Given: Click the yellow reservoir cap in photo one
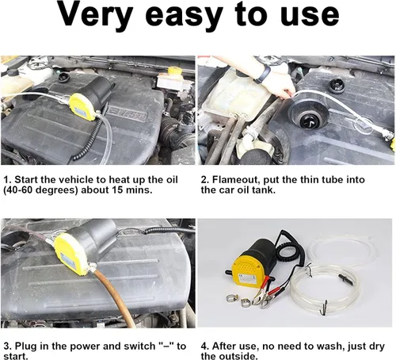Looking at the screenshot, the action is pyautogui.click(x=174, y=71).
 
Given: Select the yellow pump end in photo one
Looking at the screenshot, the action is pyautogui.click(x=82, y=106).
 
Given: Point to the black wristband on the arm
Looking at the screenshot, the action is pyautogui.click(x=263, y=75).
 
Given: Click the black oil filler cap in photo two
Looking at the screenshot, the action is pyautogui.click(x=309, y=117).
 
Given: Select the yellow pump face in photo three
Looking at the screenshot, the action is pyautogui.click(x=70, y=253).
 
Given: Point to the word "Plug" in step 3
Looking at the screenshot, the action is pyautogui.click(x=25, y=347).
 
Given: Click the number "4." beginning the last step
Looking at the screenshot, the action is pyautogui.click(x=205, y=346).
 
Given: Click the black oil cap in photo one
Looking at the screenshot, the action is pyautogui.click(x=63, y=78).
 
